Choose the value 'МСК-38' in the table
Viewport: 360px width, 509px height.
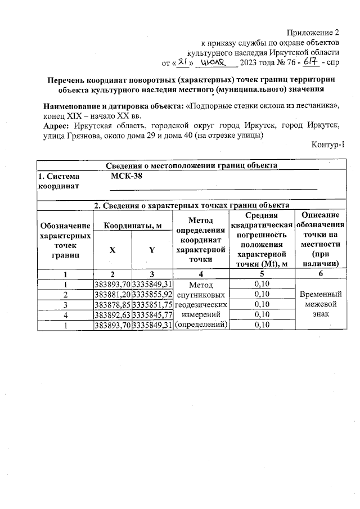[124, 177]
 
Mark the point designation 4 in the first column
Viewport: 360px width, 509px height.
[65, 314]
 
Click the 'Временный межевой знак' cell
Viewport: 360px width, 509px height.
[320, 304]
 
